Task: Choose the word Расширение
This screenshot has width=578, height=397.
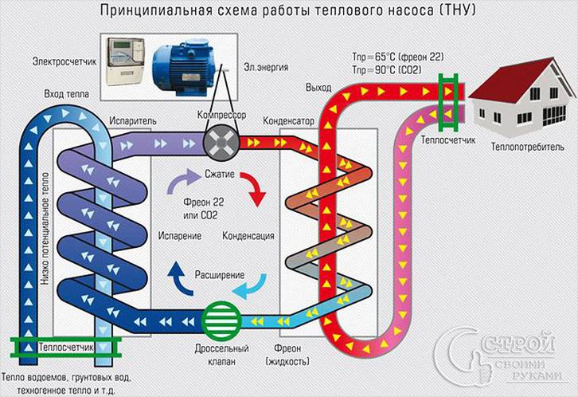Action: click(x=220, y=275)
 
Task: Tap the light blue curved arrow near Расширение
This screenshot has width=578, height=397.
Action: click(x=256, y=285)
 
